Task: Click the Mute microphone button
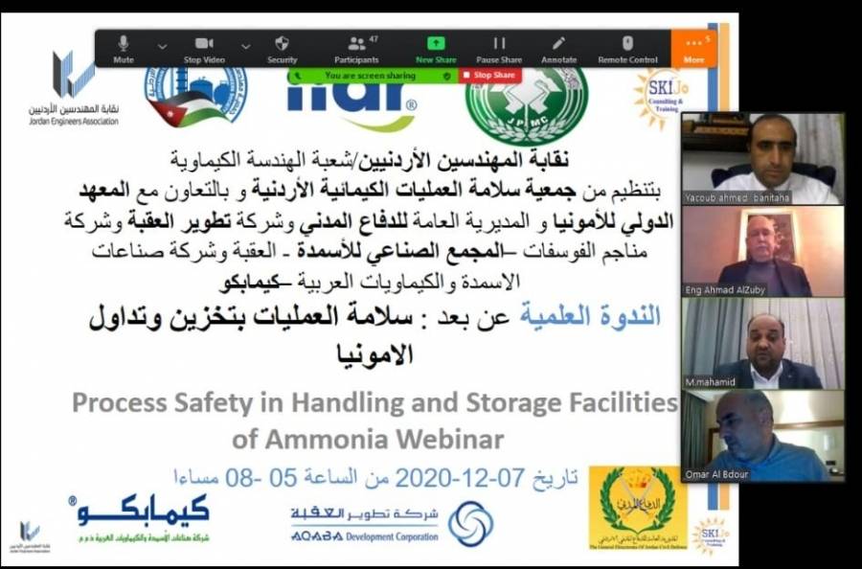124,48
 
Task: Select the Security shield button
283,48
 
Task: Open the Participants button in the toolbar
356,48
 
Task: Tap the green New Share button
436,48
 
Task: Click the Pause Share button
499,48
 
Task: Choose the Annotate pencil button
558,48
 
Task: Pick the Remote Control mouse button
627,48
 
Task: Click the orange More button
693,48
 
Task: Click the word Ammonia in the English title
306,440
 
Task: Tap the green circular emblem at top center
526,105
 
